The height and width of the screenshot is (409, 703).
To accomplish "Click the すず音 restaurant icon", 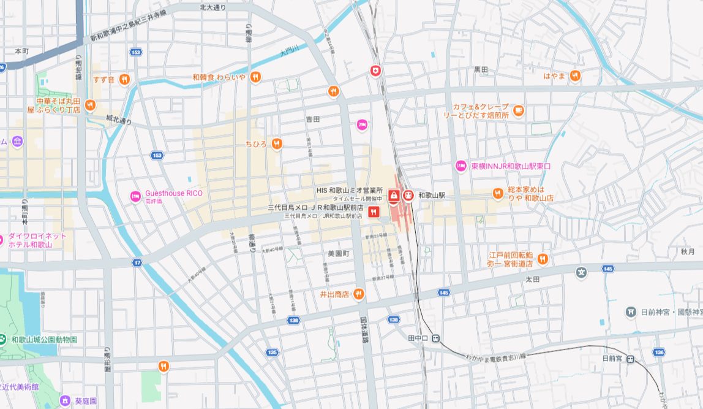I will pos(124,78).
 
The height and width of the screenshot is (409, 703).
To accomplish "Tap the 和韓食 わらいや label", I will pos(219,77).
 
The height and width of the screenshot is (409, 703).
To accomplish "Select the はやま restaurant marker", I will pos(574,76).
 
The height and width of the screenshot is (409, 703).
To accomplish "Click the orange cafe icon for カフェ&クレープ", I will pos(519,110).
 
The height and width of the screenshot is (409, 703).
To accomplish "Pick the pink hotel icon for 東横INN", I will pos(461,166).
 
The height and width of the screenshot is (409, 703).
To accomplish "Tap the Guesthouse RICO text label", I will pos(173,193).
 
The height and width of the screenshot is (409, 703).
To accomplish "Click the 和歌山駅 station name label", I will pos(432,195).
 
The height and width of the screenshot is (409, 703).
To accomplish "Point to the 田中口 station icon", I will pos(435,338).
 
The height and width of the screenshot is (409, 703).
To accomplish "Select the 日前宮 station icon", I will pos(630,359).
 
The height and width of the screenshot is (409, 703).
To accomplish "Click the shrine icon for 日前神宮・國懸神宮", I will pos(630,312).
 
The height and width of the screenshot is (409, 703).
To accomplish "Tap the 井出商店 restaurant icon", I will pos(359,294).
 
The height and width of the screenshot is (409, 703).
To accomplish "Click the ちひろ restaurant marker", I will pos(277,143).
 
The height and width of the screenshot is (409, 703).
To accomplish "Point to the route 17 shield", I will pos(137,262).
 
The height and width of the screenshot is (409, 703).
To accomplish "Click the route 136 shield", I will pos(658,352).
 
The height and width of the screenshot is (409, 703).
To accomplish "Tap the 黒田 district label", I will pos(481,70).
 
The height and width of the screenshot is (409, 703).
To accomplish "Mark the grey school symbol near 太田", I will pos(581,272).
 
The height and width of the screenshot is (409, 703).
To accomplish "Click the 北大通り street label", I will pos(212,7).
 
